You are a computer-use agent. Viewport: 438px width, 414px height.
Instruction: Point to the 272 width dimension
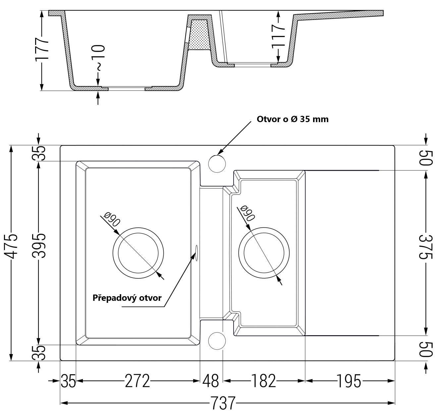137,381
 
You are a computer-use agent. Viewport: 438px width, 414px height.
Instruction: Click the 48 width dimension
211,381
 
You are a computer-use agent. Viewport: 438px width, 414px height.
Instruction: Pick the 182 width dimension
263,381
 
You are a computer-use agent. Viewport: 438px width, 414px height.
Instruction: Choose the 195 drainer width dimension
349,381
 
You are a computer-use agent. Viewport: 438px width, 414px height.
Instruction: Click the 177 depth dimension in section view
42,49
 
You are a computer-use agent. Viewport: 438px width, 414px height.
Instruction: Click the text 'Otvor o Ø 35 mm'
293,119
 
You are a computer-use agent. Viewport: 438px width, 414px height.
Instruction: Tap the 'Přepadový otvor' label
127,298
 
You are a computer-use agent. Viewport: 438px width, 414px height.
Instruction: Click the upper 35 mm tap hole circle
217,163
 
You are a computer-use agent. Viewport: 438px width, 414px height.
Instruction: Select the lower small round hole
217,340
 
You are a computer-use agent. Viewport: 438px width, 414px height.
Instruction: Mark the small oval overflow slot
196,251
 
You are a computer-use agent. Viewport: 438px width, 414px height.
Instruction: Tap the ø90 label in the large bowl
111,219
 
